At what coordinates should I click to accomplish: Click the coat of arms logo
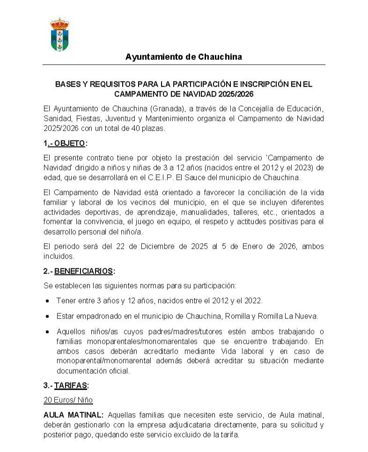click(x=59, y=35)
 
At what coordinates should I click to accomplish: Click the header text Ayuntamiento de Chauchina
click(x=184, y=57)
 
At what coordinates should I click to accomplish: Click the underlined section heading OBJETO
click(x=70, y=143)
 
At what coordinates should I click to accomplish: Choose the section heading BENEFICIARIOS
click(x=84, y=271)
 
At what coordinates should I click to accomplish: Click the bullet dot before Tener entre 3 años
click(x=47, y=301)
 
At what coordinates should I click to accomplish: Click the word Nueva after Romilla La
click(x=306, y=316)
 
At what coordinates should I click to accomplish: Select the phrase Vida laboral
click(x=242, y=351)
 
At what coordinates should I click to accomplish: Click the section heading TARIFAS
click(x=71, y=385)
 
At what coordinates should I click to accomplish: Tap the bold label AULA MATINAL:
click(x=73, y=415)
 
